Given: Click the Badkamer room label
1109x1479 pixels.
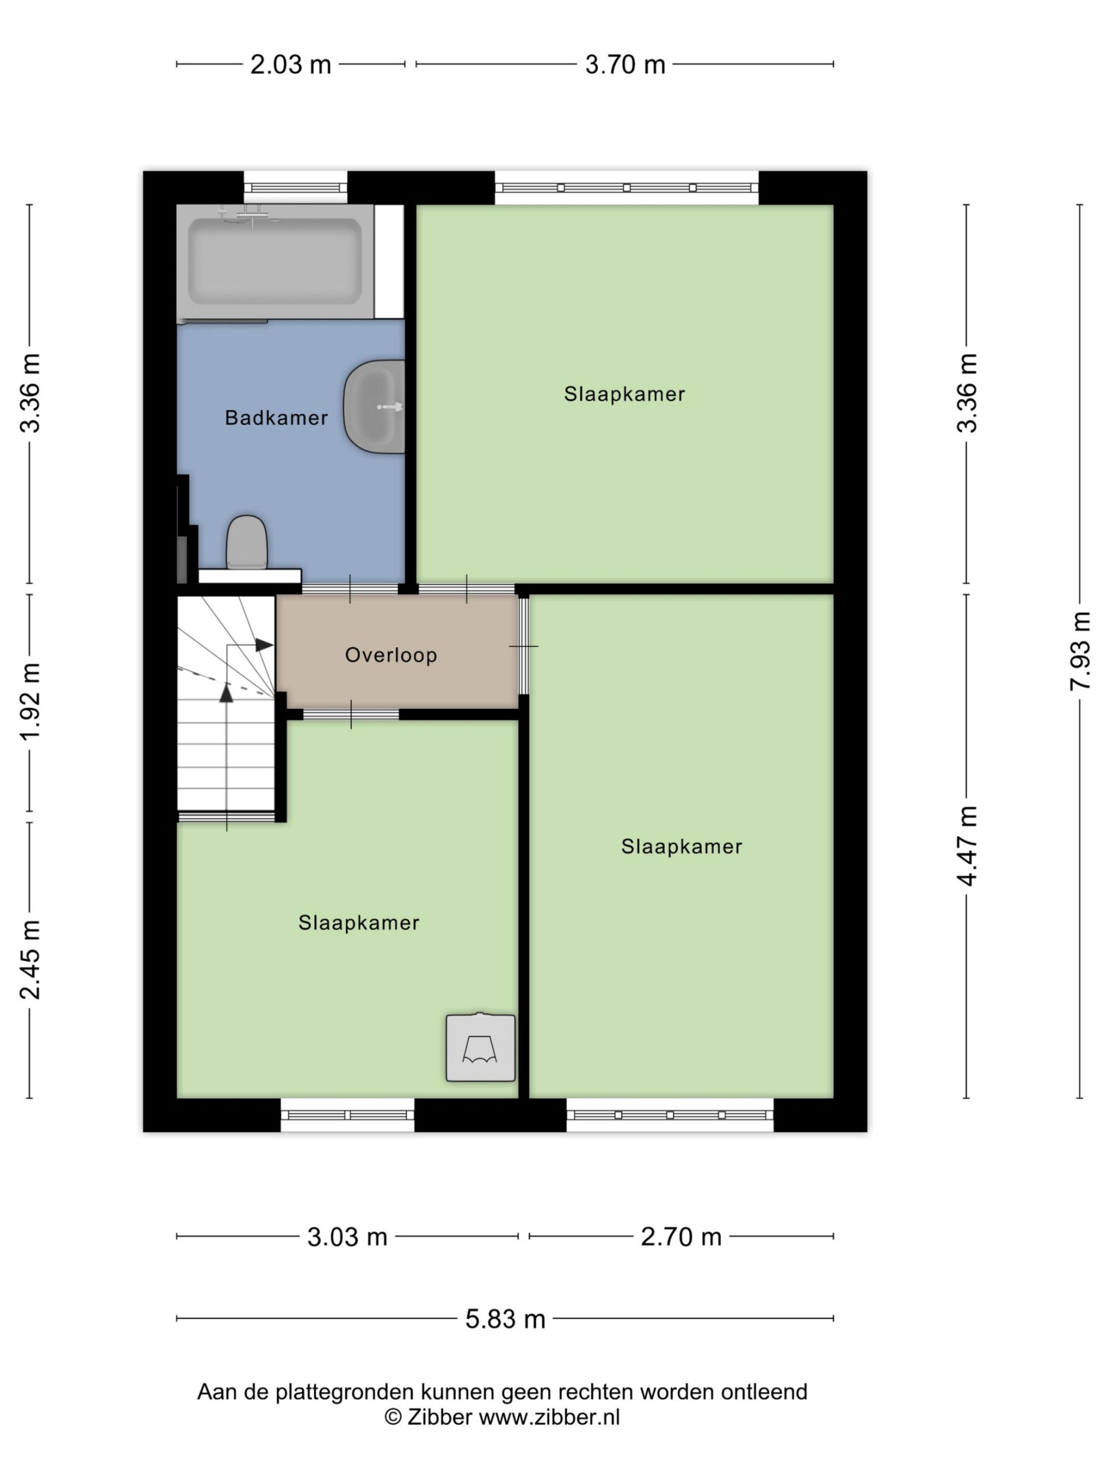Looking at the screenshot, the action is click(276, 418).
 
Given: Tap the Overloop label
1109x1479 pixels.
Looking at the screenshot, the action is click(391, 655).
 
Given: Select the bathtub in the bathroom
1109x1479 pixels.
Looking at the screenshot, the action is click(275, 262).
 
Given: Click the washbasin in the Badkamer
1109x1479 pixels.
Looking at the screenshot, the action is click(374, 407).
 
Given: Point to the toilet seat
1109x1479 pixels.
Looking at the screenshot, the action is click(247, 543).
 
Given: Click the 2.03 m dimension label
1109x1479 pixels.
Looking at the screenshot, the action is click(291, 65).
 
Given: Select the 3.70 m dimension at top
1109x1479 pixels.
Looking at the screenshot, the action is click(625, 65).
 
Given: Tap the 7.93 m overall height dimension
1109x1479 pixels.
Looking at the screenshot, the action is click(1080, 651).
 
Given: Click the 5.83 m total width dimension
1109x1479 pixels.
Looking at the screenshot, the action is click(505, 1318).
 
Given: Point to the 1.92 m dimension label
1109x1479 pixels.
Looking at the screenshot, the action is click(30, 702).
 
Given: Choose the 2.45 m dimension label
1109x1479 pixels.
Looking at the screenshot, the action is click(30, 960).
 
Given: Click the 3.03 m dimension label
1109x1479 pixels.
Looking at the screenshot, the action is click(347, 1237).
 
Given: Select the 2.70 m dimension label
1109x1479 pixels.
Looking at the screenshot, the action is click(681, 1237).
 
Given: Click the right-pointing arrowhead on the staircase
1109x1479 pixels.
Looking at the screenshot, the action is click(265, 645).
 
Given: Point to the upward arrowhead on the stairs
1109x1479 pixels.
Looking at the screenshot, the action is click(226, 693).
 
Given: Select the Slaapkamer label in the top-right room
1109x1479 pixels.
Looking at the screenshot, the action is click(624, 394).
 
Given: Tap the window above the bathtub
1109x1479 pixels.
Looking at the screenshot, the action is click(296, 188).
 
